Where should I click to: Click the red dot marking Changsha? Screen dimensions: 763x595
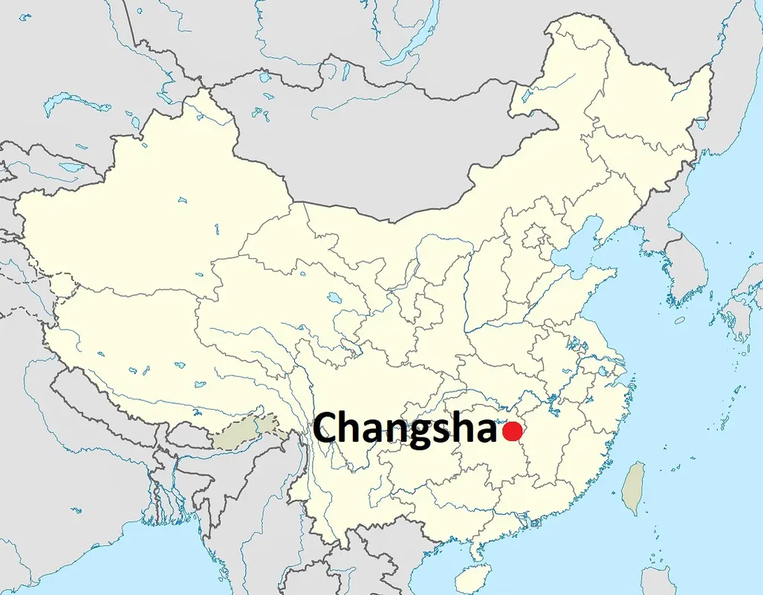click(513, 431)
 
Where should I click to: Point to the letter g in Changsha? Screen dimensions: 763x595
click(420, 433)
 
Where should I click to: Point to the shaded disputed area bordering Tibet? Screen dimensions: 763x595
click(249, 431)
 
